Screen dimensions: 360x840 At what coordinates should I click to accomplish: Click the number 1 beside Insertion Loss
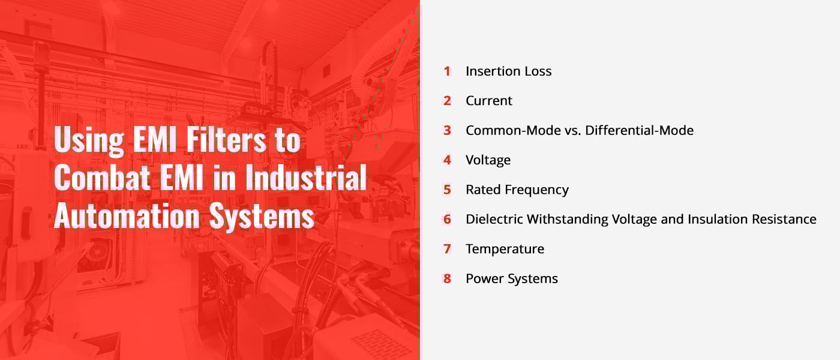point(447,71)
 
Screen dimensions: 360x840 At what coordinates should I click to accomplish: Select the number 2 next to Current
point(447,101)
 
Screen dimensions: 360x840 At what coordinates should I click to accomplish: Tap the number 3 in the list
point(447,130)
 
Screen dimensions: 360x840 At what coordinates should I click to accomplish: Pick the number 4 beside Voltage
point(447,160)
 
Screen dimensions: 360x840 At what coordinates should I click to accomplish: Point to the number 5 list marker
point(447,190)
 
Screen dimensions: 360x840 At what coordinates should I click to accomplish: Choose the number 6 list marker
point(447,219)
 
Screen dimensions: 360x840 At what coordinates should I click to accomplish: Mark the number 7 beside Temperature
point(447,249)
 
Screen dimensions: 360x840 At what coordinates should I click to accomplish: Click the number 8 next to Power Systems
point(447,278)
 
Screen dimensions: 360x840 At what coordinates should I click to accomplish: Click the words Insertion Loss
point(508,71)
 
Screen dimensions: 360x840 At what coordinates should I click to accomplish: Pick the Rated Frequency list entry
point(517,190)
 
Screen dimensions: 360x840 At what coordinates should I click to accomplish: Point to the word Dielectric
point(494,219)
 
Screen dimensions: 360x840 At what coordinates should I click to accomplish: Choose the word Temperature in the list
point(505,249)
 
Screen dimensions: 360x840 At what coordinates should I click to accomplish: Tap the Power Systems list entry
point(511,278)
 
